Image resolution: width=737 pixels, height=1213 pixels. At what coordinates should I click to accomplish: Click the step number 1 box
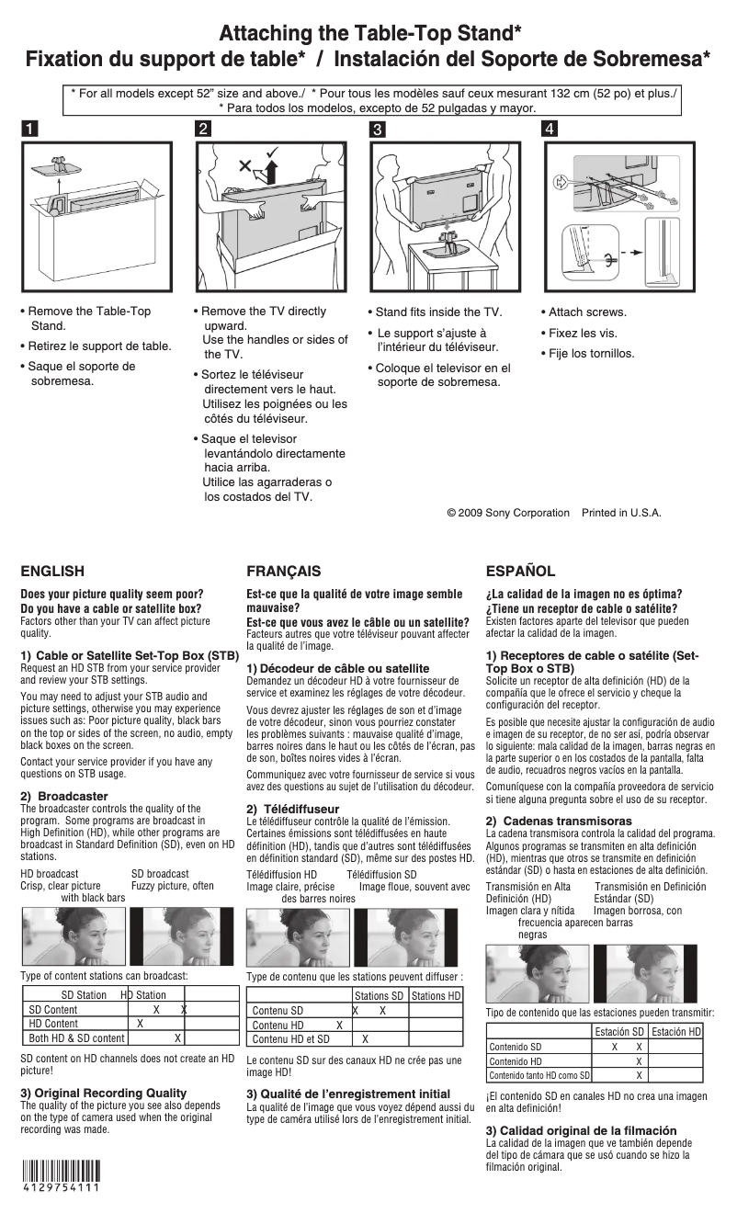coord(30,129)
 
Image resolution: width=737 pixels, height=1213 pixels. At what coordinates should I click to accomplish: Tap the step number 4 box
coord(549,129)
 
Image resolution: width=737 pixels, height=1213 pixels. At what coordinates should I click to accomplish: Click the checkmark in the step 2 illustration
coord(274,152)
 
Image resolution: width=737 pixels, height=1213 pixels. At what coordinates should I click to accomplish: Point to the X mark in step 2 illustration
coord(244,166)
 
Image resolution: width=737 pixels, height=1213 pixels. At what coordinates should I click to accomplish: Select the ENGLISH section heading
coord(52,571)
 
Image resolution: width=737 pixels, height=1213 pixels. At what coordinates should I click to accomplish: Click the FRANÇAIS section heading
coord(284,571)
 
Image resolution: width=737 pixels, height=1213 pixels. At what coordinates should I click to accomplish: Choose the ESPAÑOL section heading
coord(520,571)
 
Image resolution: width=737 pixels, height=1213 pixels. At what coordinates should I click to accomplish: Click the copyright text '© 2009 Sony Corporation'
coord(507,513)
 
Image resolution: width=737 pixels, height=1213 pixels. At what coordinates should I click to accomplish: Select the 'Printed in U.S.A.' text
coord(621,513)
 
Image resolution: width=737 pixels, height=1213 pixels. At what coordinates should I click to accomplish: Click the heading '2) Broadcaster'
coord(64,796)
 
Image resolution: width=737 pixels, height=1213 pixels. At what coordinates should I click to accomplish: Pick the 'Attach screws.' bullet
coord(587,312)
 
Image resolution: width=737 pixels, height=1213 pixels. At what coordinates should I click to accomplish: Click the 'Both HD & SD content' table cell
coord(76,1037)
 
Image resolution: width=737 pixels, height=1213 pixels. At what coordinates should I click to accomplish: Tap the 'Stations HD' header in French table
coord(436,996)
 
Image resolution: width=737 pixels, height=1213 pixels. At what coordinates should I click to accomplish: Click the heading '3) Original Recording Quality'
coord(103,1093)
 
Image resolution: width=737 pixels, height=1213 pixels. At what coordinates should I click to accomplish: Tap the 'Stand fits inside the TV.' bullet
coord(438,312)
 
